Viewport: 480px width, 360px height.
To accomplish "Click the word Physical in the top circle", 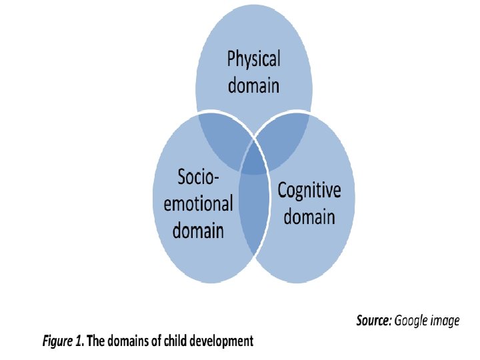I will [253, 61].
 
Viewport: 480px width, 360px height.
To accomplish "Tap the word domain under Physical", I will [253, 86].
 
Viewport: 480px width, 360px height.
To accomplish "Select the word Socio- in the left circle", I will [198, 177].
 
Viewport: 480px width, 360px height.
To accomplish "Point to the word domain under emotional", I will [198, 230].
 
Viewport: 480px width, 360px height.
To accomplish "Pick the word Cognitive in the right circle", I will [309, 191].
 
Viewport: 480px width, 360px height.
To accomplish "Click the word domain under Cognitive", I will [309, 217].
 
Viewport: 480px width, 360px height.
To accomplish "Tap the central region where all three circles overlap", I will [253, 160].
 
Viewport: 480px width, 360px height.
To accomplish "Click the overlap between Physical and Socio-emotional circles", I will [223, 137].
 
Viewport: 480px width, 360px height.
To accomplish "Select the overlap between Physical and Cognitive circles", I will [283, 137].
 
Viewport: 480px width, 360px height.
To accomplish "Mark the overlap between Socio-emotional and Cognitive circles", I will [253, 213].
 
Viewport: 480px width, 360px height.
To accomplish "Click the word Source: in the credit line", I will [374, 321].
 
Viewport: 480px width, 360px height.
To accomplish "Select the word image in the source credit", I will [447, 321].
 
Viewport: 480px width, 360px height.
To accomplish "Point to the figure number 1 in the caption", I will [80, 342].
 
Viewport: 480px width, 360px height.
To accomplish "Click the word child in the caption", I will [175, 342].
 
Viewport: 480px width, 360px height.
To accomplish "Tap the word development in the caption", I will [222, 342].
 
